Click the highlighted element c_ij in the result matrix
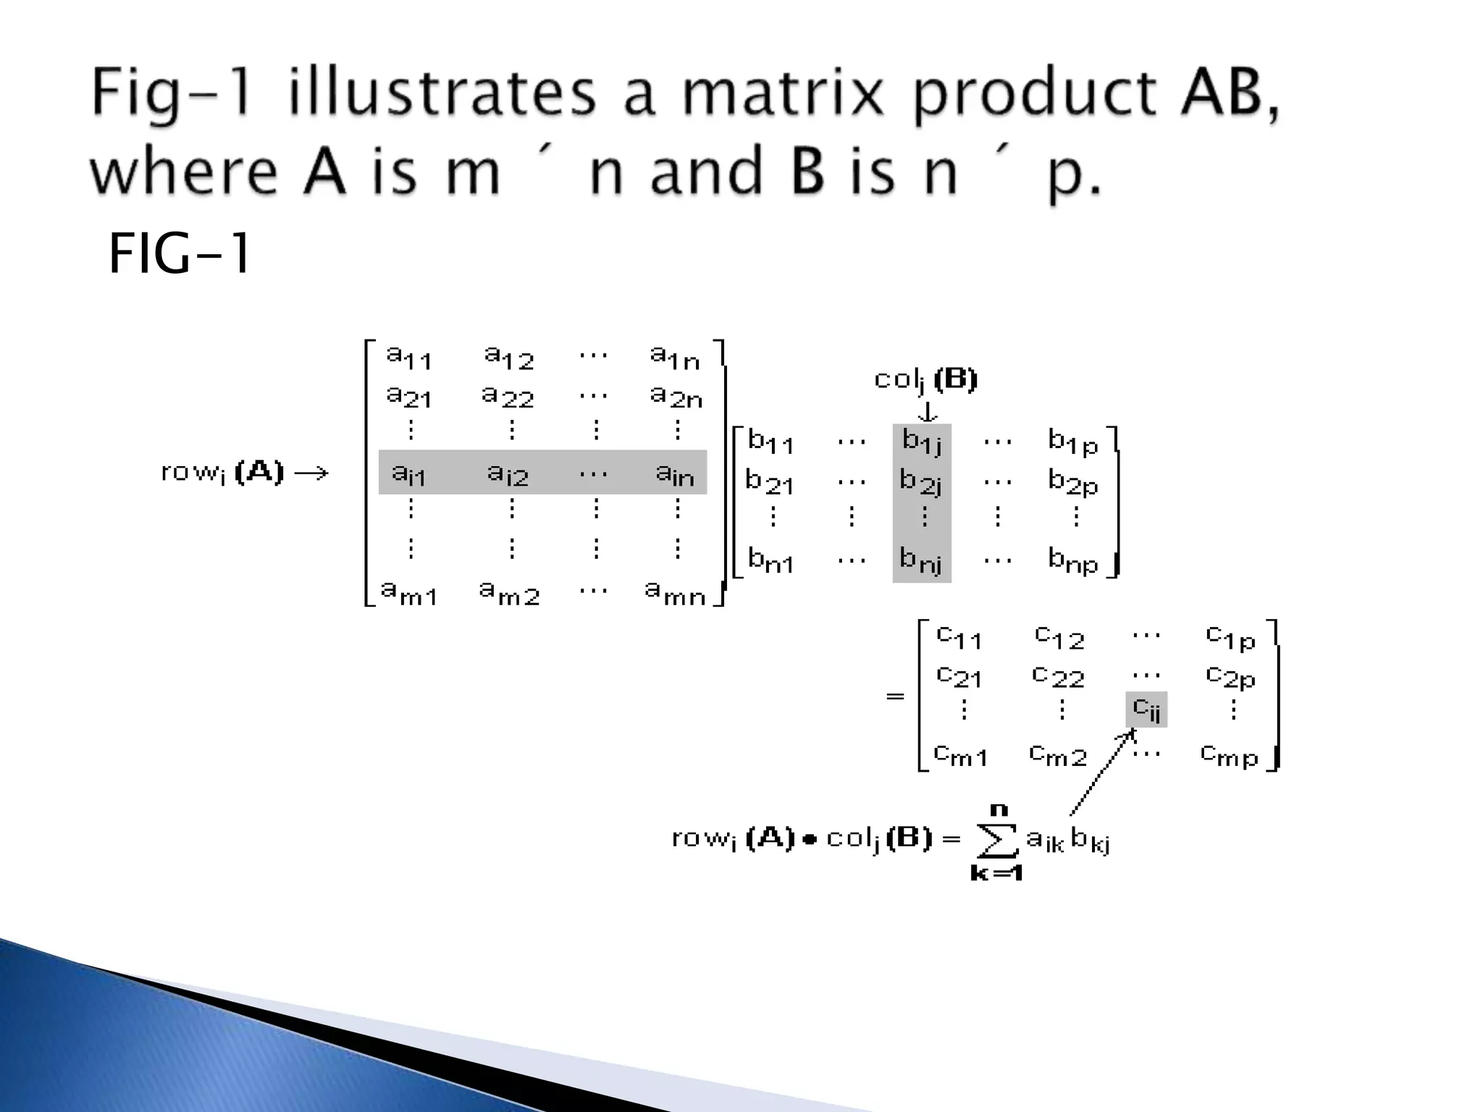pyautogui.click(x=1146, y=709)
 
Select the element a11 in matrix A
pyautogui.click(x=408, y=357)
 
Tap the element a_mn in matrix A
pyautogui.click(x=675, y=593)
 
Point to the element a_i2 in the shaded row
pyautogui.click(x=508, y=474)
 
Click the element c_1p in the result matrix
pyautogui.click(x=1230, y=638)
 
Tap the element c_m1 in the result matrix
pyautogui.click(x=960, y=755)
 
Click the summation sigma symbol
pyautogui.click(x=996, y=841)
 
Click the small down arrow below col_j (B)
pyautogui.click(x=928, y=412)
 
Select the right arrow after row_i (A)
pyautogui.click(x=312, y=473)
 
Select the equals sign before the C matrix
pyautogui.click(x=895, y=696)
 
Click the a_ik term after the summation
pyautogui.click(x=1045, y=840)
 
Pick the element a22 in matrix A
pyautogui.click(x=508, y=396)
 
